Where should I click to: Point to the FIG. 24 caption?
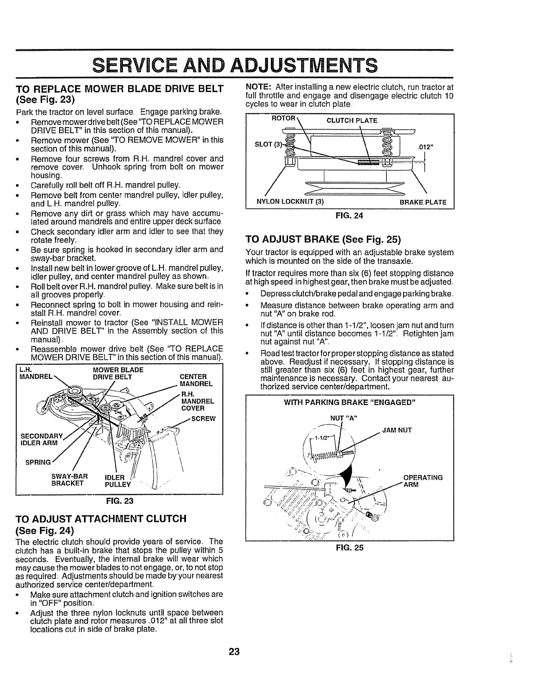(x=351, y=216)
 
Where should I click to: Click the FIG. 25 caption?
(x=351, y=547)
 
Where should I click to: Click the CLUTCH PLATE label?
(x=352, y=121)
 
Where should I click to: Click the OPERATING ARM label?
(x=423, y=481)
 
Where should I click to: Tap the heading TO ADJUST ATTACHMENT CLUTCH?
(x=101, y=519)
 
